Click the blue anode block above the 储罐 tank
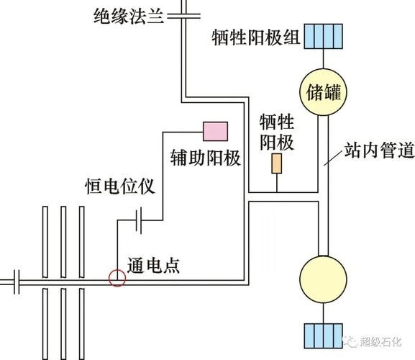(x=321, y=35)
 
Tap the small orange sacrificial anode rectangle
(x=276, y=164)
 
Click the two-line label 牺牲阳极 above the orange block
(x=277, y=132)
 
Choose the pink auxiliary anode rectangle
(x=215, y=131)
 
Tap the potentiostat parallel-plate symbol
(x=140, y=219)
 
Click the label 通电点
(x=152, y=265)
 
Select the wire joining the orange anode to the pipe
(x=276, y=184)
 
